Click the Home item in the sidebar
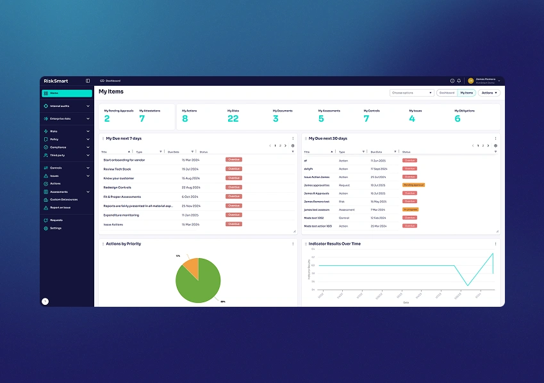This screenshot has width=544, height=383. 54,94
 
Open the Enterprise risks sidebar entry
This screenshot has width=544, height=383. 60,118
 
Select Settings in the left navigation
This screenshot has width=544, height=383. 56,228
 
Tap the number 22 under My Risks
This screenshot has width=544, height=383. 233,118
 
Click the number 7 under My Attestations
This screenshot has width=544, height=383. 142,118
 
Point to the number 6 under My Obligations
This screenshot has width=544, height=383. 457,118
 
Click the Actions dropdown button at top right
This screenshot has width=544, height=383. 489,93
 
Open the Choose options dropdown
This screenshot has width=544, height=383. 412,93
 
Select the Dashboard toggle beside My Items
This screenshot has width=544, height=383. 447,93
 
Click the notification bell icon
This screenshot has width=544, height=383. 459,81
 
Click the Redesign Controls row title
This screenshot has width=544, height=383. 117,187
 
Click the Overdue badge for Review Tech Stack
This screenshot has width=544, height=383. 234,169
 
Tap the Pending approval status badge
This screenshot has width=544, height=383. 413,185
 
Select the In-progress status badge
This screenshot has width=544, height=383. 410,209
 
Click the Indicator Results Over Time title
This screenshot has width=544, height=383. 334,244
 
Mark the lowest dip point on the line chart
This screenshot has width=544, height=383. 468,286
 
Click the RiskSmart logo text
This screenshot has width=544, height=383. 56,81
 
